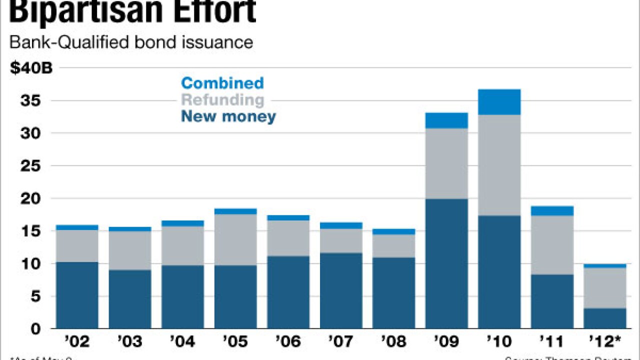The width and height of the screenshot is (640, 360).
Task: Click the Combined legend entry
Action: pyautogui.click(x=222, y=83)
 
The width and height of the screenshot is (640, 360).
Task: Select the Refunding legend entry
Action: pyautogui.click(x=222, y=99)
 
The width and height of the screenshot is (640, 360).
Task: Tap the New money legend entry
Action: pyautogui.click(x=228, y=116)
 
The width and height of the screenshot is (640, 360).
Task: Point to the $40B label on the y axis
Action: pyautogui.click(x=31, y=68)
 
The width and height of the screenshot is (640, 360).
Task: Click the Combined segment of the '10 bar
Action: pyautogui.click(x=499, y=102)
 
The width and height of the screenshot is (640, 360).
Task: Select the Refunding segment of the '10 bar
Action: pyautogui.click(x=499, y=165)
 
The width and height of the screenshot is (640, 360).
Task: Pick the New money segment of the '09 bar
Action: pyautogui.click(x=446, y=263)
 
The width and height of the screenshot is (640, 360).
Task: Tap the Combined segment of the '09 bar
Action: pyautogui.click(x=446, y=120)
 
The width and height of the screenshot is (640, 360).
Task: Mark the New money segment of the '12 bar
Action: pyautogui.click(x=605, y=318)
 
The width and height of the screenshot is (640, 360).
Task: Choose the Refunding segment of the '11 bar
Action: pyautogui.click(x=552, y=245)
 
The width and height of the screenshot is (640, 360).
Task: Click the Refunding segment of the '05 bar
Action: pyautogui.click(x=235, y=239)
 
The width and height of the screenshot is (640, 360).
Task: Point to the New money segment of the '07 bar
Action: pyautogui.click(x=341, y=290)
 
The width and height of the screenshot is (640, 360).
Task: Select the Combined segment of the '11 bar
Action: pyautogui.click(x=552, y=210)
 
